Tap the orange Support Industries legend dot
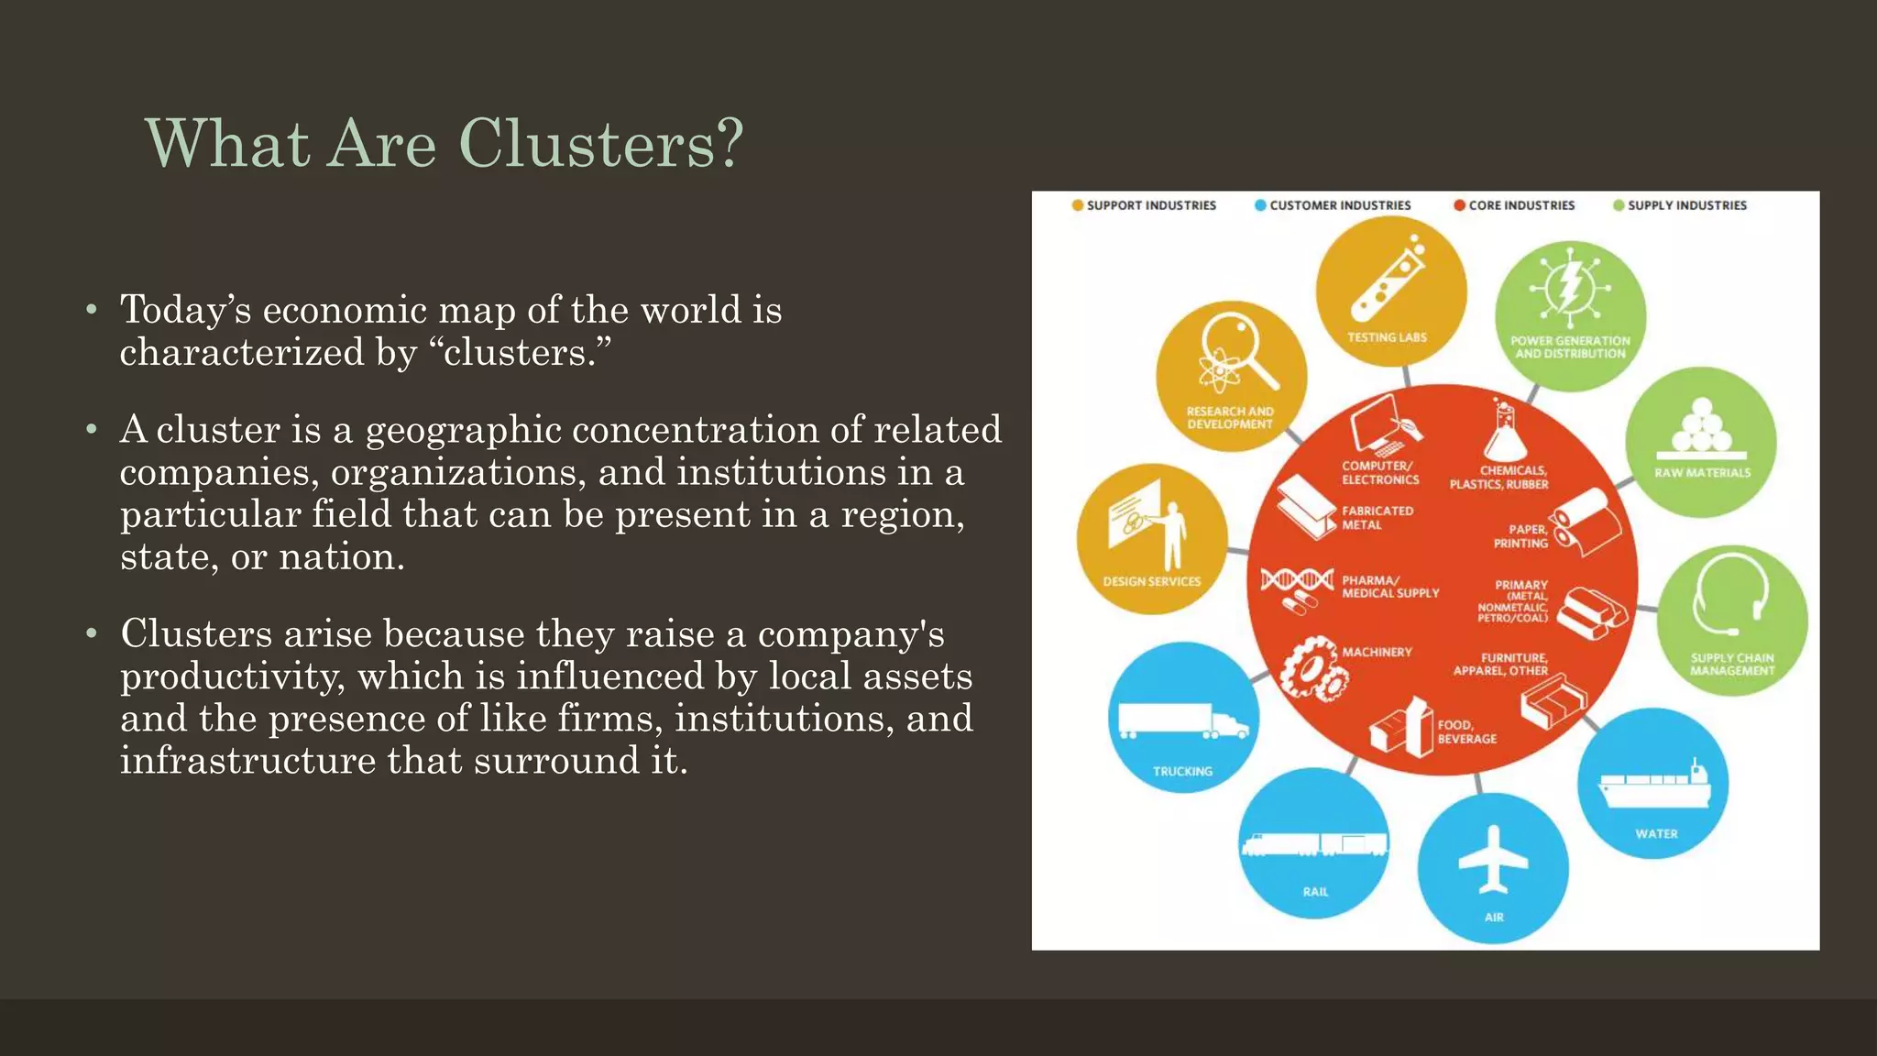(1078, 205)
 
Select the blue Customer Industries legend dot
(1261, 205)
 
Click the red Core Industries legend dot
(1459, 205)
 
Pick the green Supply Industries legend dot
(1619, 205)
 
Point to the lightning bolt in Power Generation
(1570, 286)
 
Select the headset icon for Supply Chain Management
(1730, 598)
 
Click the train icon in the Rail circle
(1314, 844)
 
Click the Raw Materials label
(1702, 473)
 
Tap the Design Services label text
(1151, 581)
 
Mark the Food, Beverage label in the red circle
(1466, 731)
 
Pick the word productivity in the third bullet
(233, 676)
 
